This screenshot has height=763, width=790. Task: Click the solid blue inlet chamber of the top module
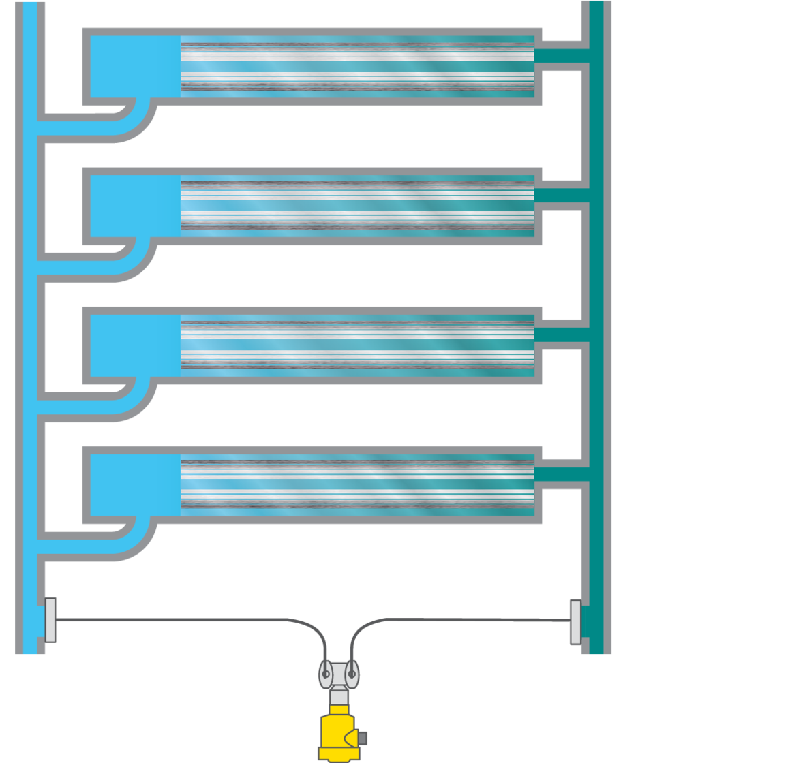(135, 66)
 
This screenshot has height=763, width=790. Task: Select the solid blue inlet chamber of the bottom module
(135, 484)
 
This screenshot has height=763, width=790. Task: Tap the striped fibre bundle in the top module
(357, 67)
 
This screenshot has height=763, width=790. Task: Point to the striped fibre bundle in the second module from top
(357, 206)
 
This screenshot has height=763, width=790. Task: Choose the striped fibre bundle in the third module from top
(357, 345)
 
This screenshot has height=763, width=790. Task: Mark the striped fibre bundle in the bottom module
(357, 484)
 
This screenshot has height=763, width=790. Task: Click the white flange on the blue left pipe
(50, 619)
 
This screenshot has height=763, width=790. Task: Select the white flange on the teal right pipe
(575, 621)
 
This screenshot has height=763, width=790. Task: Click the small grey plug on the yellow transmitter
(363, 738)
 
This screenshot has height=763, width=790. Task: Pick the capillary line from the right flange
(464, 620)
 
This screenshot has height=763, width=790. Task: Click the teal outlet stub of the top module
(561, 56)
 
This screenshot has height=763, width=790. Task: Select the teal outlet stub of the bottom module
(561, 474)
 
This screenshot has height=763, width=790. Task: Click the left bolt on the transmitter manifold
(326, 674)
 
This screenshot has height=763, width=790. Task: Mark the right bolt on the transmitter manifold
(352, 674)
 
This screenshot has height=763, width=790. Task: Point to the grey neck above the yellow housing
(339, 698)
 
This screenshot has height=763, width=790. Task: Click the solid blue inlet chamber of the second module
(135, 206)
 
